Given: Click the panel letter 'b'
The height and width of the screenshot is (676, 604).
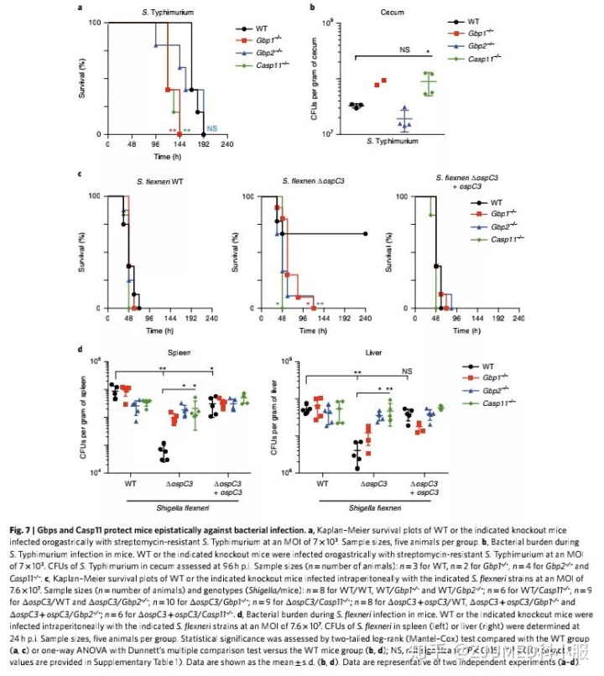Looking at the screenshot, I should coord(312,8).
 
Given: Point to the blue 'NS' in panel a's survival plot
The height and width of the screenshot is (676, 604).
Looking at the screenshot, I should coord(212,128).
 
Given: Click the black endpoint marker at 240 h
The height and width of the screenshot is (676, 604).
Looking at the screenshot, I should coord(366,234).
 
